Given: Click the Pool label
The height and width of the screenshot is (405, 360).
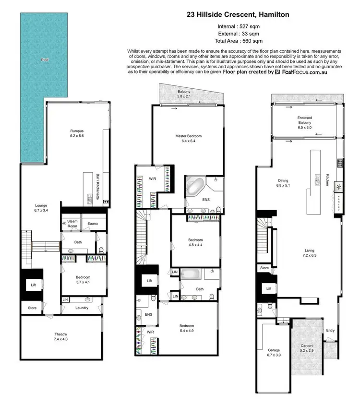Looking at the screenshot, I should point(45,60).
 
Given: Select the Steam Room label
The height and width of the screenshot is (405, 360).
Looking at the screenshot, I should point(72,224).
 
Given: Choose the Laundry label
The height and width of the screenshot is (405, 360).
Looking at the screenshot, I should point(82,308).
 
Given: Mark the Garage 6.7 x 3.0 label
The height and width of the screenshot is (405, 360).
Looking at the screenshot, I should point(273,352).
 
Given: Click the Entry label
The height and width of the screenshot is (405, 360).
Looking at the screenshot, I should point(331,330).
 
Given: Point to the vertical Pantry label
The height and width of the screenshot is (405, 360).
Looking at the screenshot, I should point(339,197).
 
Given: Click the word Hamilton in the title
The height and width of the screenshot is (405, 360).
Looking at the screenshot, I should point(274,15).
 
